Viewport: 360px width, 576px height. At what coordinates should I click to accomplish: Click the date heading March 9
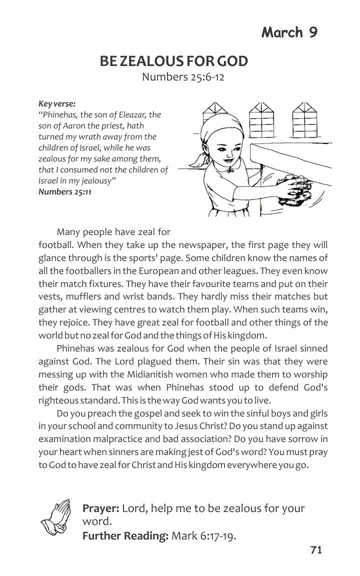point(289,32)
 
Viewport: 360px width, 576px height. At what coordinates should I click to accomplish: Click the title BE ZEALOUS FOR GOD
point(173,61)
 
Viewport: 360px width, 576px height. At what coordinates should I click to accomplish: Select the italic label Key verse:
point(57,104)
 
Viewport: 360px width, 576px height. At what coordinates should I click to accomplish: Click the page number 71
point(315,550)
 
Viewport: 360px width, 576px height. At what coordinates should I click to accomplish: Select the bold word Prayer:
point(100,508)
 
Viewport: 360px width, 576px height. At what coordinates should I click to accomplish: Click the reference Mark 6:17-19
point(203,536)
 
